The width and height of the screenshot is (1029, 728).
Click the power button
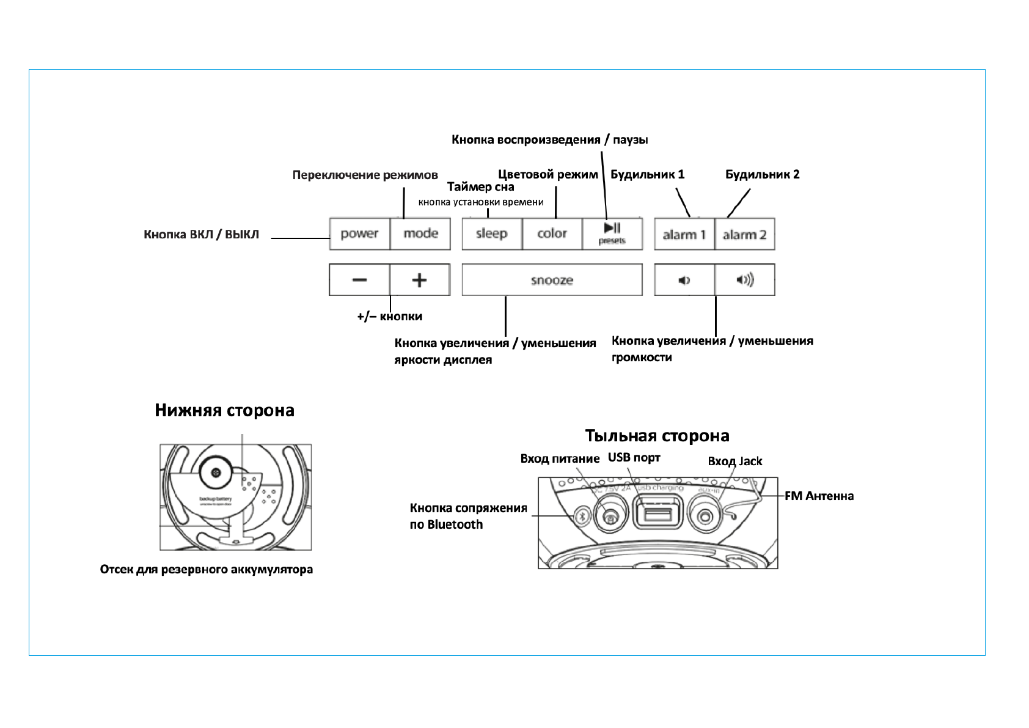click(359, 233)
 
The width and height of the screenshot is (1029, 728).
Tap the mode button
click(420, 233)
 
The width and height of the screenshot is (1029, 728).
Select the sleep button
click(492, 233)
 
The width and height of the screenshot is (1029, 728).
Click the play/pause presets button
click(612, 233)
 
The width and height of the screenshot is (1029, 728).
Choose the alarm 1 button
click(684, 234)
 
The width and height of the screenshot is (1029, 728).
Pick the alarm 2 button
click(744, 234)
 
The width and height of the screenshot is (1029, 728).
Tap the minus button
click(359, 280)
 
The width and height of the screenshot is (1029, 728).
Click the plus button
click(419, 280)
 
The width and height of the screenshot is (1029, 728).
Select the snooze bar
click(552, 280)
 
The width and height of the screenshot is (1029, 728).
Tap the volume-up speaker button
click(744, 280)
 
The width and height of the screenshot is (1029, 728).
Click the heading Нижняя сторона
click(224, 410)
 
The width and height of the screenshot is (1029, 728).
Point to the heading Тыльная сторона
click(657, 436)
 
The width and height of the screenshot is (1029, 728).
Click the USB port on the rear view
click(657, 512)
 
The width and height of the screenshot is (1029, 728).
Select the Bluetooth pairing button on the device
click(582, 516)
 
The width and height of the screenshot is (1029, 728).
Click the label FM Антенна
click(819, 496)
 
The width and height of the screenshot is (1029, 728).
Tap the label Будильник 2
click(762, 174)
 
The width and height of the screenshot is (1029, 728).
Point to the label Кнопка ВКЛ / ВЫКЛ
click(201, 234)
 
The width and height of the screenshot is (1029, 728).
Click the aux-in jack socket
click(705, 517)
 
